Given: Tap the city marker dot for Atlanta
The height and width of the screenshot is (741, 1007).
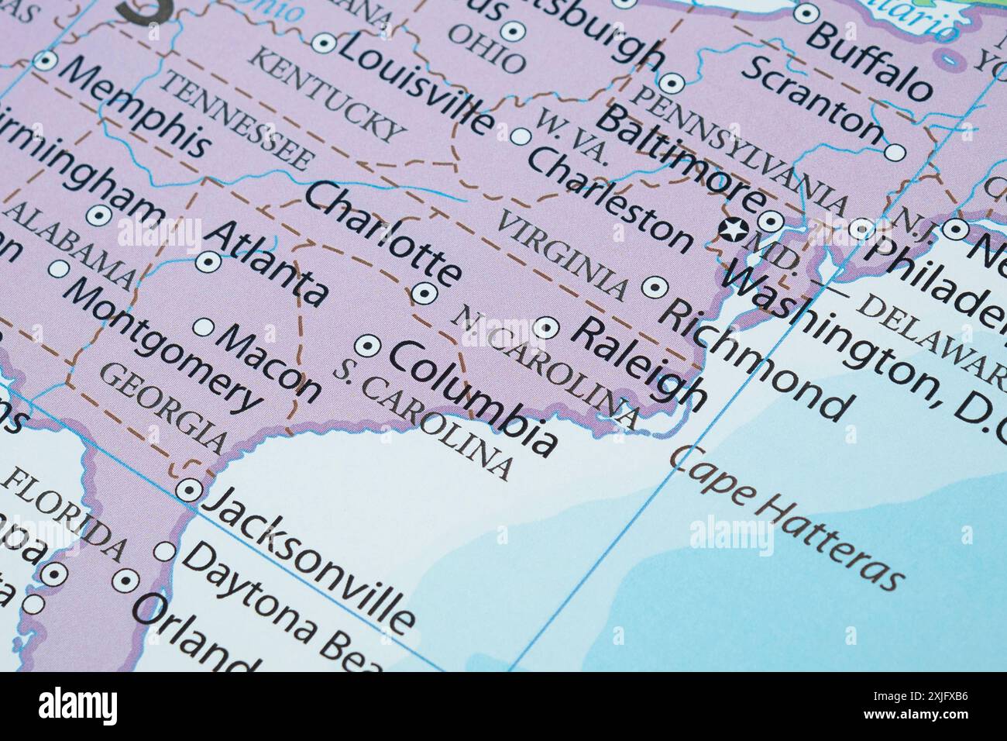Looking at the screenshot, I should point(208,263).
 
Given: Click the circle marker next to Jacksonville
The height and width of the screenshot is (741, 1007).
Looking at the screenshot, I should point(187,490).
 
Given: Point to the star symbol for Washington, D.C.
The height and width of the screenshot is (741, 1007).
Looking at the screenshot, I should point(732,229).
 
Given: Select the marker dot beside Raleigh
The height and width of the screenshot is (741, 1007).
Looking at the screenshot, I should point(547,328).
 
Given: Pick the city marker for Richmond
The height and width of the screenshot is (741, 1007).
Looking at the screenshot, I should point(655,287).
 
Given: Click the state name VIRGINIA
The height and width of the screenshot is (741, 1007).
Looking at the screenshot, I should point(562,256).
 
